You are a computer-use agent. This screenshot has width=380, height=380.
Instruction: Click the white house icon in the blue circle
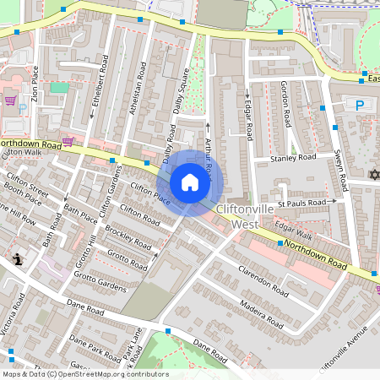click(190, 182)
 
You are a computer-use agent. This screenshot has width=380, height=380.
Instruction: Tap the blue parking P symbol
click(360, 106)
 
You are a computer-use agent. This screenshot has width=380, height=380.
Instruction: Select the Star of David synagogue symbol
click(375, 175)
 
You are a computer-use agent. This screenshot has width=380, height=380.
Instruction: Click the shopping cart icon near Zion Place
click(10, 100)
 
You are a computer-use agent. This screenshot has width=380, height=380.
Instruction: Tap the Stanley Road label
click(292, 158)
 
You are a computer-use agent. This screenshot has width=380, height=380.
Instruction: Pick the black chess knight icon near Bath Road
click(19, 260)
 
